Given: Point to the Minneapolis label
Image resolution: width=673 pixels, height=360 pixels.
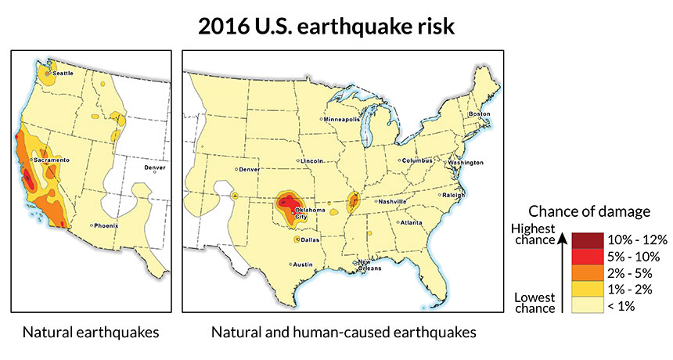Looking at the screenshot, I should [x=342, y=119].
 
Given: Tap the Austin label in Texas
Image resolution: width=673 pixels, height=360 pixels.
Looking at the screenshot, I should [x=303, y=265].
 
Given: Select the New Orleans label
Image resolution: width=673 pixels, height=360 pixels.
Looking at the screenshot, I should [x=365, y=265].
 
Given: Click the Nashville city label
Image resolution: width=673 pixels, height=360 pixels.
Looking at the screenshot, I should [x=392, y=201].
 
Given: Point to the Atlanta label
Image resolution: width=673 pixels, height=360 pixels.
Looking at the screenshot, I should [x=413, y=222].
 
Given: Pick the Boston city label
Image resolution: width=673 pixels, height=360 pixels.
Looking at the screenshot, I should [x=479, y=113].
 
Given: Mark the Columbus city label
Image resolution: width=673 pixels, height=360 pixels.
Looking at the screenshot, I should [x=416, y=160].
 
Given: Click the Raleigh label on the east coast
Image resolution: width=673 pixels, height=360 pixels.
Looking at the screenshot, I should [x=453, y=194].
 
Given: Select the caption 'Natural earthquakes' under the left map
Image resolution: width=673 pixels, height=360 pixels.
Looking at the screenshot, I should [x=92, y=333].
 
